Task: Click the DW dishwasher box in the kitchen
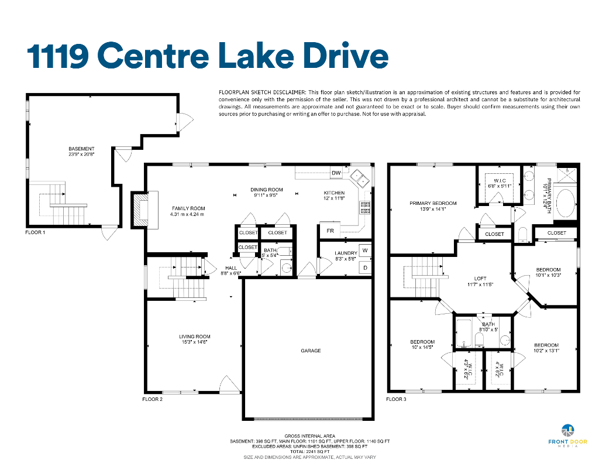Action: coord(336,173)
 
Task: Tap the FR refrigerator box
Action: coord(330,231)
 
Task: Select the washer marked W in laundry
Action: coord(365,251)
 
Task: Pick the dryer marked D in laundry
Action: coord(365,268)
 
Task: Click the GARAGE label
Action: coord(311,351)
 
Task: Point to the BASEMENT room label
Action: coord(81,149)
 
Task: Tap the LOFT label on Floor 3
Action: coord(480,279)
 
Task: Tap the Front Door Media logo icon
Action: coord(567,430)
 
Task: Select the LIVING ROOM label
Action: coord(195,337)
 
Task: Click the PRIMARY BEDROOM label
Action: coord(433,203)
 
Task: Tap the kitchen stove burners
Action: coord(365,207)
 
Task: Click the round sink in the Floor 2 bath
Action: coord(287,267)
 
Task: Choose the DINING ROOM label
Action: coord(267,190)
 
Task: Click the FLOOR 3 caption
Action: coord(396,400)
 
